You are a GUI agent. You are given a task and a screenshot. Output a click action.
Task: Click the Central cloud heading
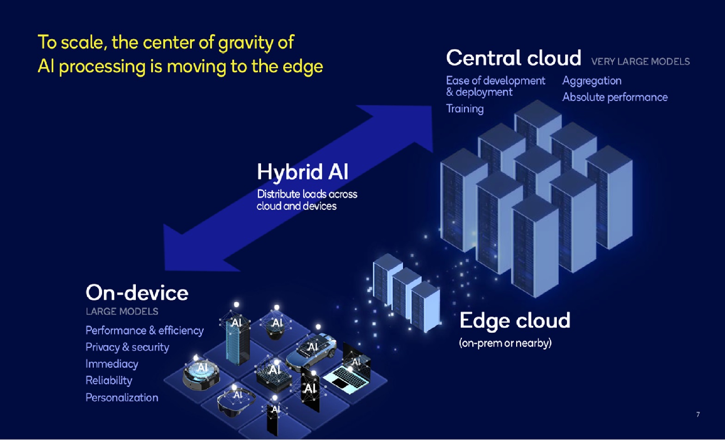click(514, 58)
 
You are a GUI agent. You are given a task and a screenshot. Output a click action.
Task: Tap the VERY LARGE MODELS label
click(640, 62)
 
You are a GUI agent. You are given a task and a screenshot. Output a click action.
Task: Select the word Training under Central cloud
click(465, 109)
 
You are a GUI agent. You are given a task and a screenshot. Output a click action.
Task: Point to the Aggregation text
click(592, 81)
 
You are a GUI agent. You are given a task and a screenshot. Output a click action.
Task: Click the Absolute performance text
click(615, 97)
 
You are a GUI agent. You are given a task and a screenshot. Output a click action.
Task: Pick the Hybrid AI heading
click(303, 171)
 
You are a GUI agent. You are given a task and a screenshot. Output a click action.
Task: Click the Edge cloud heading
click(515, 321)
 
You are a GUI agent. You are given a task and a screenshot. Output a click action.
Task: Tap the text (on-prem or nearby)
click(505, 343)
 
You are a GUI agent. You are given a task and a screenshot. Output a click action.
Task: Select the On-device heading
click(137, 293)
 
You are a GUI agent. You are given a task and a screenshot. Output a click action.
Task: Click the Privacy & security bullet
click(127, 347)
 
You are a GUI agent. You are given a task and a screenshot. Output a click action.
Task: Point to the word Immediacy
click(112, 364)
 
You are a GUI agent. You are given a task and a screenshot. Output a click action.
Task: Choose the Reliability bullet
click(109, 381)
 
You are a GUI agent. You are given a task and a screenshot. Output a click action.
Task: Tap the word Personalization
click(122, 397)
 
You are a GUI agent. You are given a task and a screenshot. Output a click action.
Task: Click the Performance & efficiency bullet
click(145, 330)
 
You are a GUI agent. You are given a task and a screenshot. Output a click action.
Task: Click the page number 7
click(698, 415)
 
